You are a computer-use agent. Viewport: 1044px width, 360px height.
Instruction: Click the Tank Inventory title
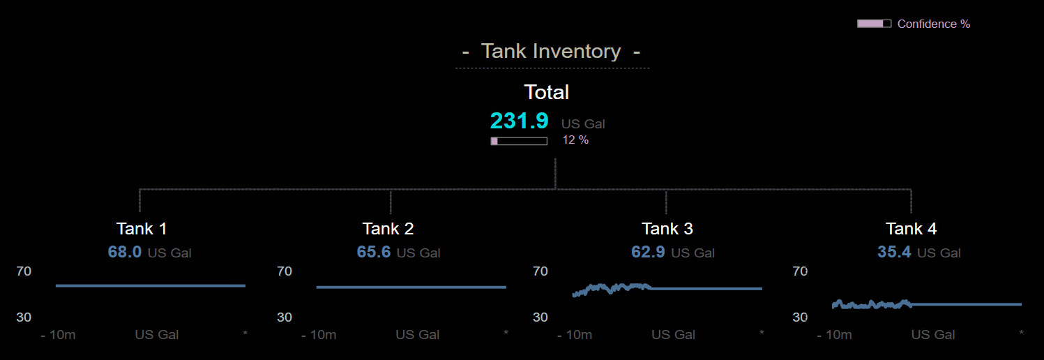tap(551, 52)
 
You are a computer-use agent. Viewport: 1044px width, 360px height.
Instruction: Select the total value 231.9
tap(520, 121)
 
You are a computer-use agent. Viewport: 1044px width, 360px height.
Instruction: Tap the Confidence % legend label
tap(933, 24)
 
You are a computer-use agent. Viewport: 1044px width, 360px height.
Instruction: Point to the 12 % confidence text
tap(575, 140)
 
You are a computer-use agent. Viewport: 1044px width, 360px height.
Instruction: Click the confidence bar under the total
tap(519, 141)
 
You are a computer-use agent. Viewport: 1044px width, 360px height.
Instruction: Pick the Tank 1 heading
tap(142, 229)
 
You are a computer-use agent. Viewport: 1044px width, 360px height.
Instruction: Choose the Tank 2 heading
tap(388, 229)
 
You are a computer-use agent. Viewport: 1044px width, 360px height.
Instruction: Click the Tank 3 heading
tap(667, 229)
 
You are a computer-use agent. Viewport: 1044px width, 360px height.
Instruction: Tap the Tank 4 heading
tap(911, 229)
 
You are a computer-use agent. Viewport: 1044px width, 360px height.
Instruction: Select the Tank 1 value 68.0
tap(125, 252)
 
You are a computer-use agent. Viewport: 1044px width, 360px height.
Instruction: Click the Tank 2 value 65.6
tap(374, 252)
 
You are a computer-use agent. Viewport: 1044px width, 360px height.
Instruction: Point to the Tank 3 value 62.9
tap(648, 252)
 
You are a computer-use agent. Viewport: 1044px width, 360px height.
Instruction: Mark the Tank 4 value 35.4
tap(894, 252)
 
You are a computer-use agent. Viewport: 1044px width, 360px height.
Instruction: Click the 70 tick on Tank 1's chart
tap(24, 271)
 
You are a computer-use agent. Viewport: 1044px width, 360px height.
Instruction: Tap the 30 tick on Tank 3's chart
tap(540, 317)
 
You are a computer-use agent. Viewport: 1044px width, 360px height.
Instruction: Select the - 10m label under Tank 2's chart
tap(319, 335)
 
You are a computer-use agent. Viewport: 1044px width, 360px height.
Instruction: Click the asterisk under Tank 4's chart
tap(1022, 334)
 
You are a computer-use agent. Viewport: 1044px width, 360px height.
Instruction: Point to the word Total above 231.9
tap(547, 92)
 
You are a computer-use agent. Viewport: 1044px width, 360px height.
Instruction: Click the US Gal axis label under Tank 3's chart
tap(673, 335)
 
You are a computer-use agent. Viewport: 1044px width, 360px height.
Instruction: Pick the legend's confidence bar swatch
tap(874, 24)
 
